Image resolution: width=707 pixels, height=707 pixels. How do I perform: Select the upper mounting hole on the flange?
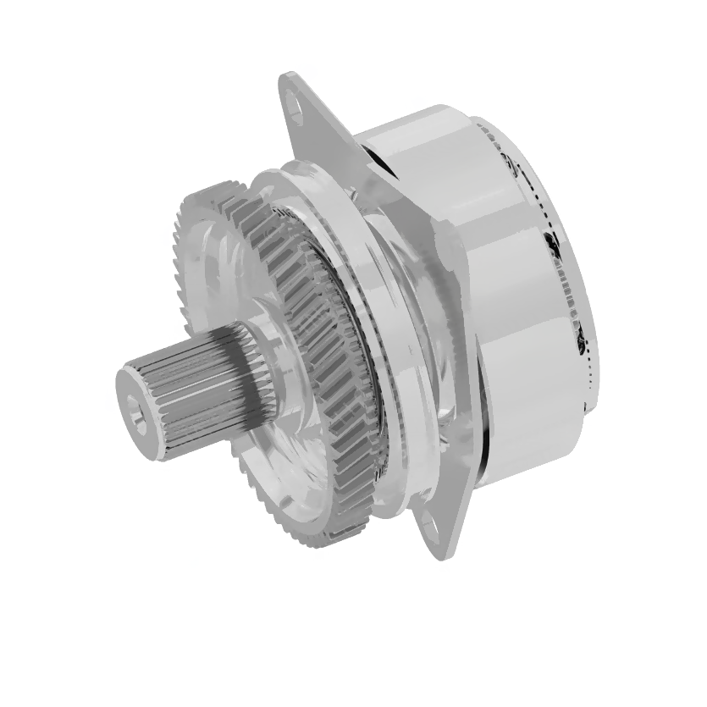pyautogui.click(x=296, y=108)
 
